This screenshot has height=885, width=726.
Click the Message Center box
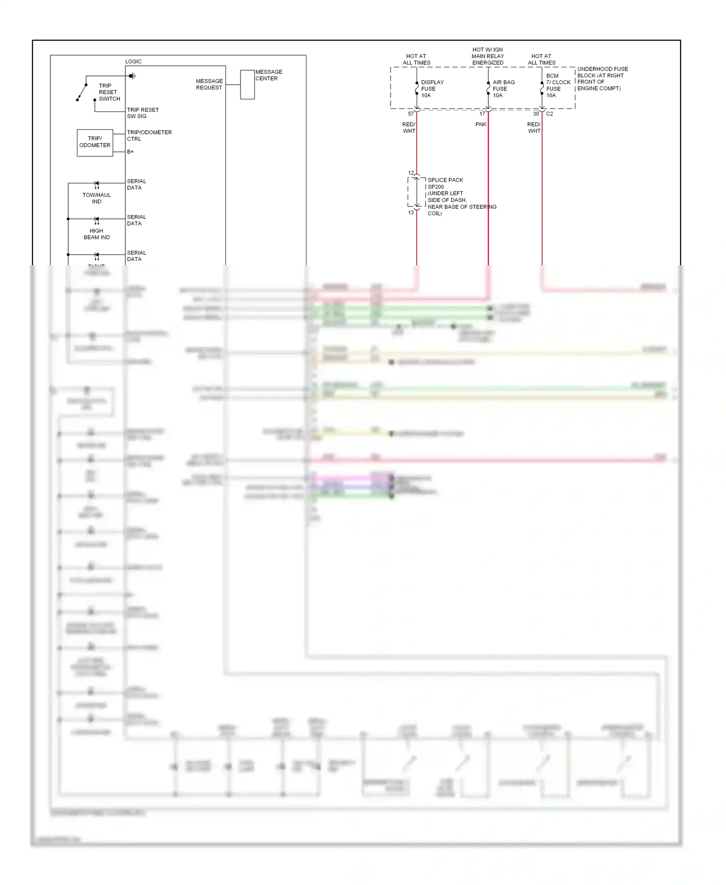[247, 84]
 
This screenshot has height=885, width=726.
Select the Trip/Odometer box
[95, 142]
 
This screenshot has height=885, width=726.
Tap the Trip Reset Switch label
[109, 92]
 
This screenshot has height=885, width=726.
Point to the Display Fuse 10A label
[432, 89]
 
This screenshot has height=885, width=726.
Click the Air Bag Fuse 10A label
[503, 89]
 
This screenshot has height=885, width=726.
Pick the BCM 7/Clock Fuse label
[558, 86]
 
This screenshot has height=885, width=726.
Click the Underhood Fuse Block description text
[602, 78]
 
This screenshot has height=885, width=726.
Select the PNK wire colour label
[481, 124]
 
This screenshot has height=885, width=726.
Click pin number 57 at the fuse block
[410, 114]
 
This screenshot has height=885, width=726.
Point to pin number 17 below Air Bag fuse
[482, 114]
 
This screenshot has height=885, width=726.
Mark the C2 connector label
[549, 114]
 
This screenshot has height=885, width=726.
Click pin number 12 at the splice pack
[410, 173]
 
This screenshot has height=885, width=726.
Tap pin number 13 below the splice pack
[410, 213]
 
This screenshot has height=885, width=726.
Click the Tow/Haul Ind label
[96, 198]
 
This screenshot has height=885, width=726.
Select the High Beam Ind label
[96, 234]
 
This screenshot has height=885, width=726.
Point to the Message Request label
[209, 84]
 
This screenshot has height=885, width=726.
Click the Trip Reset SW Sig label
[142, 113]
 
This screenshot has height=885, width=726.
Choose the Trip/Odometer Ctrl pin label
[149, 136]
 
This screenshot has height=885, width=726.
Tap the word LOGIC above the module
[133, 61]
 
